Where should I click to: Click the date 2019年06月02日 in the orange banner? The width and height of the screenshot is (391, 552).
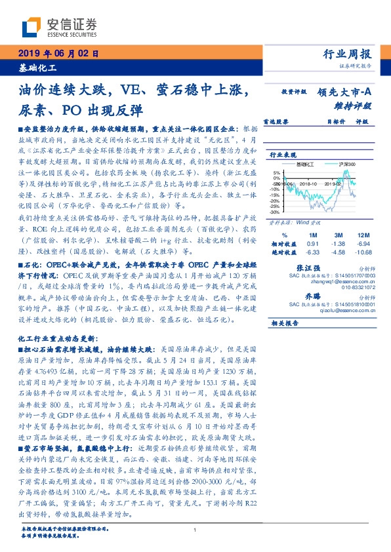(58, 54)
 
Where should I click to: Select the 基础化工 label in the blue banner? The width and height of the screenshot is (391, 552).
(38, 68)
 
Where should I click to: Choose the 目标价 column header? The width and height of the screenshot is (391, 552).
(318, 121)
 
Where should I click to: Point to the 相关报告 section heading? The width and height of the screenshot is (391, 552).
(285, 323)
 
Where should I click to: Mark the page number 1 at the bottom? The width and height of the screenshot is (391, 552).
(195, 530)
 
